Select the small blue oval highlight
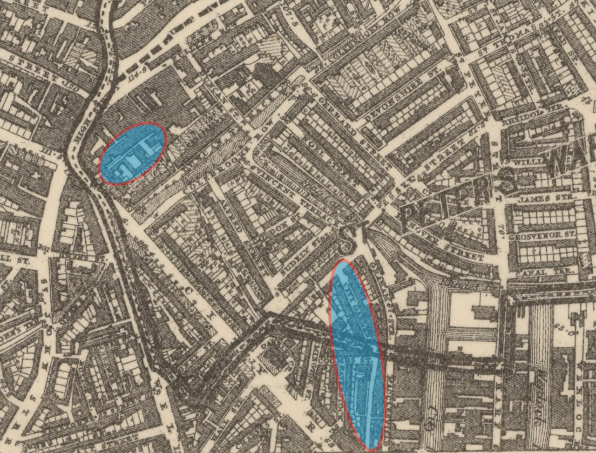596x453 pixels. point(133,154)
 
